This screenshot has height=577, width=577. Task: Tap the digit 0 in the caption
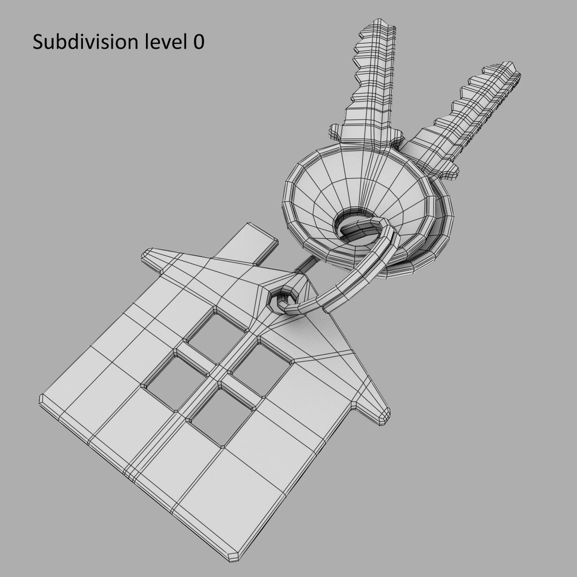click(x=198, y=42)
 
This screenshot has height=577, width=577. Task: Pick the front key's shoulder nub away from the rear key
click(x=334, y=130)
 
